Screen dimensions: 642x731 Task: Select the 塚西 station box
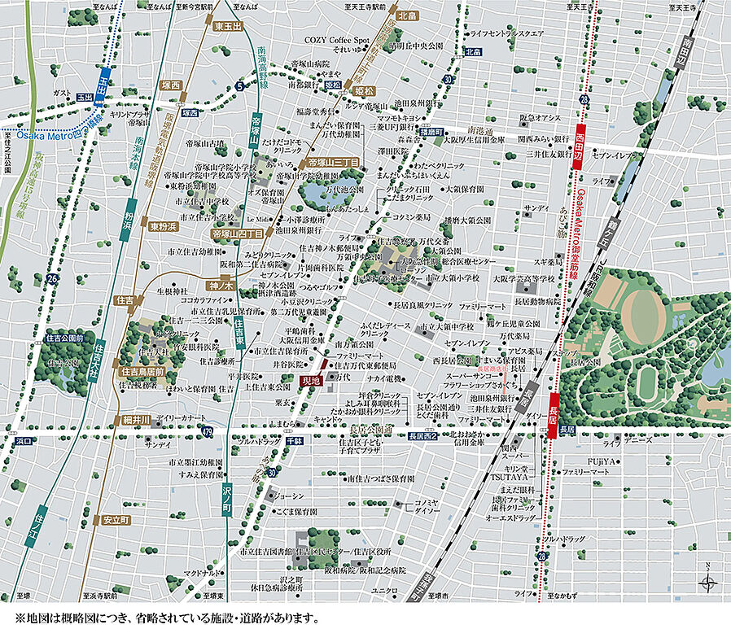click(170, 85)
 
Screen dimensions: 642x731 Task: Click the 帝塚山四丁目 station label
click(237, 234)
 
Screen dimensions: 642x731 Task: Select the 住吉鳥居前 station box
click(142, 371)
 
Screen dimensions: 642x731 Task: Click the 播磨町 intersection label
click(431, 131)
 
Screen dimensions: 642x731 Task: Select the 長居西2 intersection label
click(423, 436)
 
